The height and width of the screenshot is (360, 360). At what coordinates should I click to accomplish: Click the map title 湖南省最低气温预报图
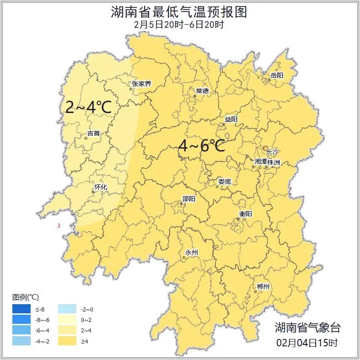tap(179, 12)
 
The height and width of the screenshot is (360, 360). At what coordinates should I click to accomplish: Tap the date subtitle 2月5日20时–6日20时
tap(179, 25)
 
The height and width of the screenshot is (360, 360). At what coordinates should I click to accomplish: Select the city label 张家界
tap(141, 84)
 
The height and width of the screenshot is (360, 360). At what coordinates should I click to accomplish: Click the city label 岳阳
tap(277, 75)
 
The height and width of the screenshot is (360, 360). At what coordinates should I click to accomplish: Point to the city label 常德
tap(202, 91)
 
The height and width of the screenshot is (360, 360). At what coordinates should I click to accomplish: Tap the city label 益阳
tap(231, 119)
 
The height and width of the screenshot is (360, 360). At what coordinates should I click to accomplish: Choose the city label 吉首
tap(93, 133)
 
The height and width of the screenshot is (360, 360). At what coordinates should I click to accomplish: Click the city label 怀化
tap(100, 187)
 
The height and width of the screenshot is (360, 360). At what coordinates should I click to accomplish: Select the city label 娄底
tap(225, 182)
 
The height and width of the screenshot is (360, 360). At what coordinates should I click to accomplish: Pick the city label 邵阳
tap(188, 199)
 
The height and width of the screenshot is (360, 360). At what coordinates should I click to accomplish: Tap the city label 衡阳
tap(246, 214)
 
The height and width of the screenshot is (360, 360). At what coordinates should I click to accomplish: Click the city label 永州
tap(191, 253)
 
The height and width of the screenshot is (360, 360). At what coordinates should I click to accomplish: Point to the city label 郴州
tap(263, 287)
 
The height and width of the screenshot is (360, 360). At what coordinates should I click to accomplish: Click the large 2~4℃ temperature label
tap(88, 107)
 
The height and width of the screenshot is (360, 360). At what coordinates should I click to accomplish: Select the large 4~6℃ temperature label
tap(201, 146)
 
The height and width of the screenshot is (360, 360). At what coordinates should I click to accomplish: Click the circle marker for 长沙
tap(265, 148)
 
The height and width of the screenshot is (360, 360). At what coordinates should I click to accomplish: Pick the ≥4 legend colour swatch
tap(67, 341)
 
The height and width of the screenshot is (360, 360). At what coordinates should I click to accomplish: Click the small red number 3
tap(59, 226)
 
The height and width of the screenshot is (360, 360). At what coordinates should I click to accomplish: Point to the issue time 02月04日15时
tap(307, 343)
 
